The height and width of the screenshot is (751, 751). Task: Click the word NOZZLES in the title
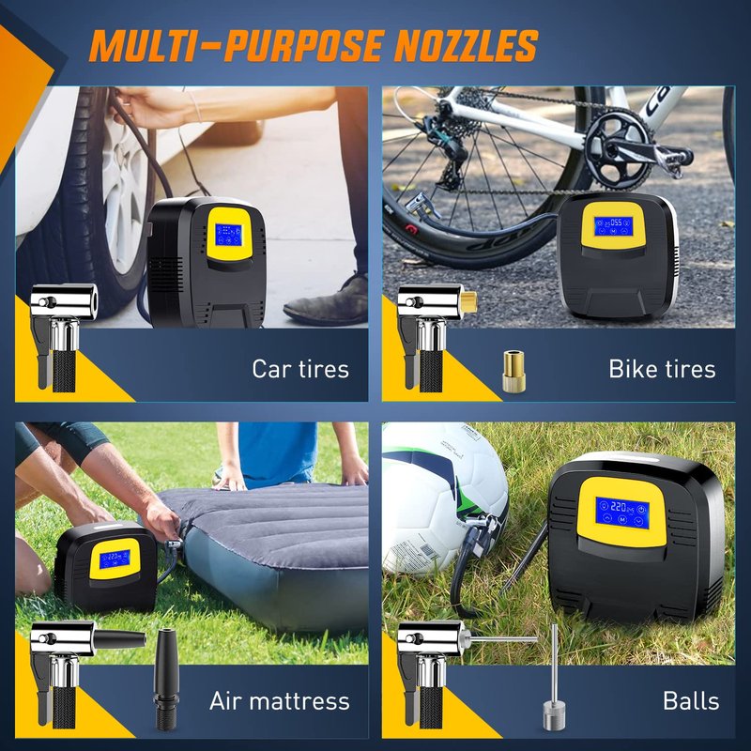(466, 45)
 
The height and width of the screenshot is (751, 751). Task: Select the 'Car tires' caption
(300, 369)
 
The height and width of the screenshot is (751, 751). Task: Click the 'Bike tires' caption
(662, 369)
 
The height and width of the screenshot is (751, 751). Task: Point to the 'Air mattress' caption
(279, 700)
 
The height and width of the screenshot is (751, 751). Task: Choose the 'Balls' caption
(691, 700)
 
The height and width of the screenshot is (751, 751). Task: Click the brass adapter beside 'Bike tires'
(513, 372)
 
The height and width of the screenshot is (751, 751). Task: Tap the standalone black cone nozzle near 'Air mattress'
(166, 679)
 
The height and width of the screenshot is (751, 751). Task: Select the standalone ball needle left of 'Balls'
(554, 677)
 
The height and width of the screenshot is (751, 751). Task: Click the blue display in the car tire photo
(228, 235)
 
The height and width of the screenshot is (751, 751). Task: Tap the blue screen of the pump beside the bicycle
(614, 226)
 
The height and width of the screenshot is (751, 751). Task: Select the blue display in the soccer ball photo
(622, 513)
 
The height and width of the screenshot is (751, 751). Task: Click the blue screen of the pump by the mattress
(115, 559)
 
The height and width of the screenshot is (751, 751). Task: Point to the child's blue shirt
(278, 452)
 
